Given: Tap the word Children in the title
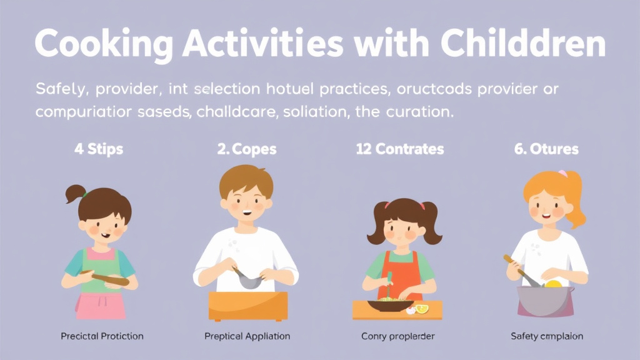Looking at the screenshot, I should click(523, 45).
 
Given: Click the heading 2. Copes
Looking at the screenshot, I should click(247, 150).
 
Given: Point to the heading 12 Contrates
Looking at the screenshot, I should click(399, 150).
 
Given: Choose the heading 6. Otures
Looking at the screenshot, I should click(546, 150).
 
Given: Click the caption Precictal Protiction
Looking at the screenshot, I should click(102, 336).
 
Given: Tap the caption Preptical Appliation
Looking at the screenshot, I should click(247, 336).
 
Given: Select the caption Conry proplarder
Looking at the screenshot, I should click(397, 336).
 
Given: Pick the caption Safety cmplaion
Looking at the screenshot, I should click(546, 336).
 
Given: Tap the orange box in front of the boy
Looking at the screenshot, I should click(247, 306).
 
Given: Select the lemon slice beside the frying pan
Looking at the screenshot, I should click(422, 309).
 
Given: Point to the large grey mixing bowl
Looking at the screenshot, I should click(545, 299).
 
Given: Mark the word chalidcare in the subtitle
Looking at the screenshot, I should click(230, 113).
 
